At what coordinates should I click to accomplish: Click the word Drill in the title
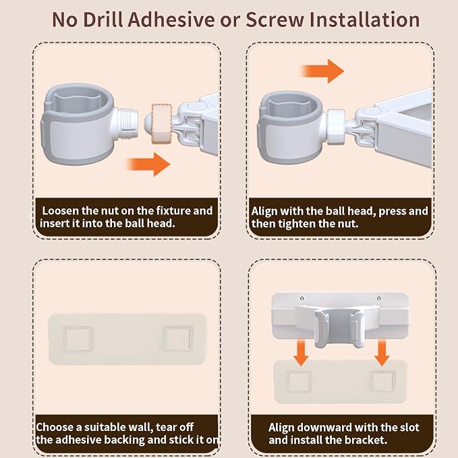pyautogui.click(x=103, y=20)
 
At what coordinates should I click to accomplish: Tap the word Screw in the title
pyautogui.click(x=275, y=20)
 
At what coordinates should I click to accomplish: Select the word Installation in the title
pyautogui.click(x=364, y=20)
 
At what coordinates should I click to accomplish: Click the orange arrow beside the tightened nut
pyautogui.click(x=322, y=71)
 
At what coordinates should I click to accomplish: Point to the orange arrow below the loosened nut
pyautogui.click(x=148, y=164)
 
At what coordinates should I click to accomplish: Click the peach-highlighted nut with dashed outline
pyautogui.click(x=161, y=123)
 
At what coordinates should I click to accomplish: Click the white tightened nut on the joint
pyautogui.click(x=336, y=127)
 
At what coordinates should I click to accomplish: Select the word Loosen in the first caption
pyautogui.click(x=61, y=211)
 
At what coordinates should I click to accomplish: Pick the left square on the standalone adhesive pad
pyautogui.click(x=78, y=338)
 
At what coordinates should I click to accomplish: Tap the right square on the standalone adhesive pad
pyautogui.click(x=178, y=338)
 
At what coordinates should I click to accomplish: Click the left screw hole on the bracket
pyautogui.click(x=302, y=299)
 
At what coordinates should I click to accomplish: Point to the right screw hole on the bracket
pyautogui.click(x=379, y=298)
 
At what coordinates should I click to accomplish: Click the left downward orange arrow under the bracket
pyautogui.click(x=301, y=353)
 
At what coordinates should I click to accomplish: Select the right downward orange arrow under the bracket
pyautogui.click(x=382, y=353)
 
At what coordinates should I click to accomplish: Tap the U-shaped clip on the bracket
pyautogui.click(x=339, y=328)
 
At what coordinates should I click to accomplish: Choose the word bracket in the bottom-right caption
pyautogui.click(x=366, y=440)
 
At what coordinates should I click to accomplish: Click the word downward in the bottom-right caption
pyautogui.click(x=322, y=428)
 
